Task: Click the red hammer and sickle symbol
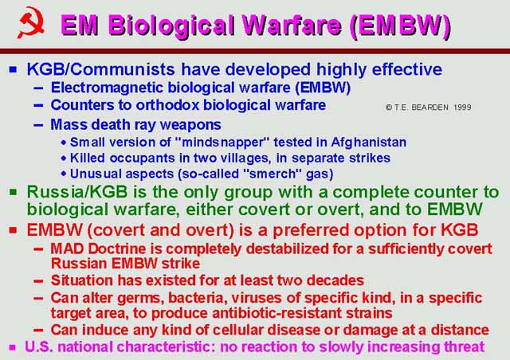[x=31, y=22]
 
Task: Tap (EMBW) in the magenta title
[x=401, y=25]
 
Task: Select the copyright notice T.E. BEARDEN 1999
[x=429, y=108]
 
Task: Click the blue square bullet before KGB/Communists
[x=14, y=69]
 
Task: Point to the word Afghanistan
[x=369, y=143]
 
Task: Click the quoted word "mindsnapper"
[x=222, y=142]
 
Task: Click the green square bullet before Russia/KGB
[x=14, y=192]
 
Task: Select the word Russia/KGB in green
[x=77, y=192]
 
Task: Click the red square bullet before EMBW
[x=14, y=230]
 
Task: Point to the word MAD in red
[x=67, y=249]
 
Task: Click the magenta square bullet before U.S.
[x=13, y=347]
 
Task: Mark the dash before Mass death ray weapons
[x=38, y=125]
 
